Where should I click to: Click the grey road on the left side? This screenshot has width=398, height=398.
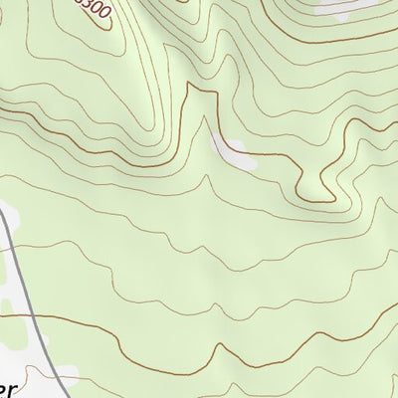coord(20,269)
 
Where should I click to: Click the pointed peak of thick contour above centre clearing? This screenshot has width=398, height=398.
coord(207,90)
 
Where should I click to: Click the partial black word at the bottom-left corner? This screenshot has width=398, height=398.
coord(9,391)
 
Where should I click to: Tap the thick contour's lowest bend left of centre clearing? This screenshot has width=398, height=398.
coord(159,149)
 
